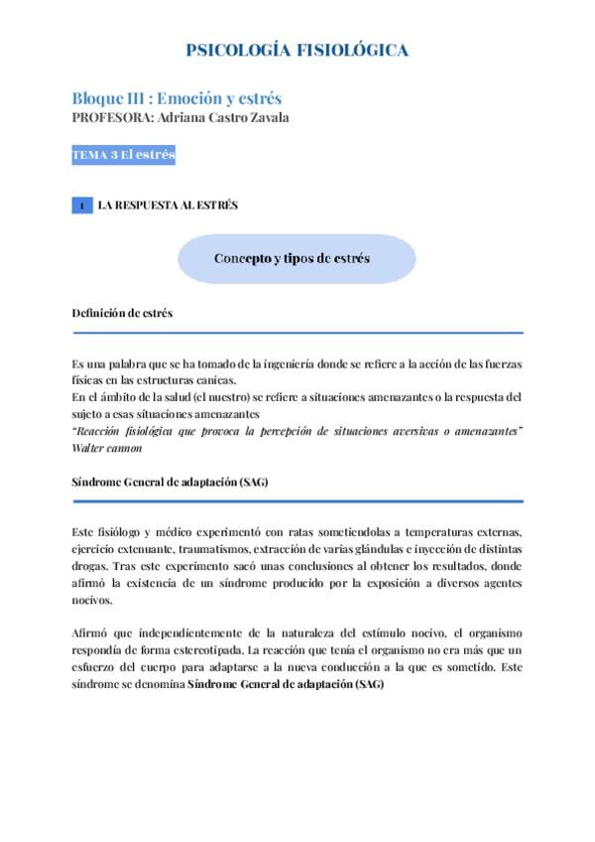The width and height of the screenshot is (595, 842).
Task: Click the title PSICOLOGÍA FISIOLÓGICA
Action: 297,51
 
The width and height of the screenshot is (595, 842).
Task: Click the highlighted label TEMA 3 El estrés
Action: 123,155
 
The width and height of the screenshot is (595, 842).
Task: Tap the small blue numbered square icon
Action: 82,206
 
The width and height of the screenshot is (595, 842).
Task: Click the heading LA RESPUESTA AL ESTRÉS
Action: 168,206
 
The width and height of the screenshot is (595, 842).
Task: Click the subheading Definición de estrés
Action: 122,313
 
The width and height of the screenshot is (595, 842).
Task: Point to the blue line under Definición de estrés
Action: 297,334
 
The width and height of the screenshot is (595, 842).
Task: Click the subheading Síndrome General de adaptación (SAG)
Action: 170,481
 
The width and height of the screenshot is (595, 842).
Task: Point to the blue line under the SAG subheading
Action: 297,501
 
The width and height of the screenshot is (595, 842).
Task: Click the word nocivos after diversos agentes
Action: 92,600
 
